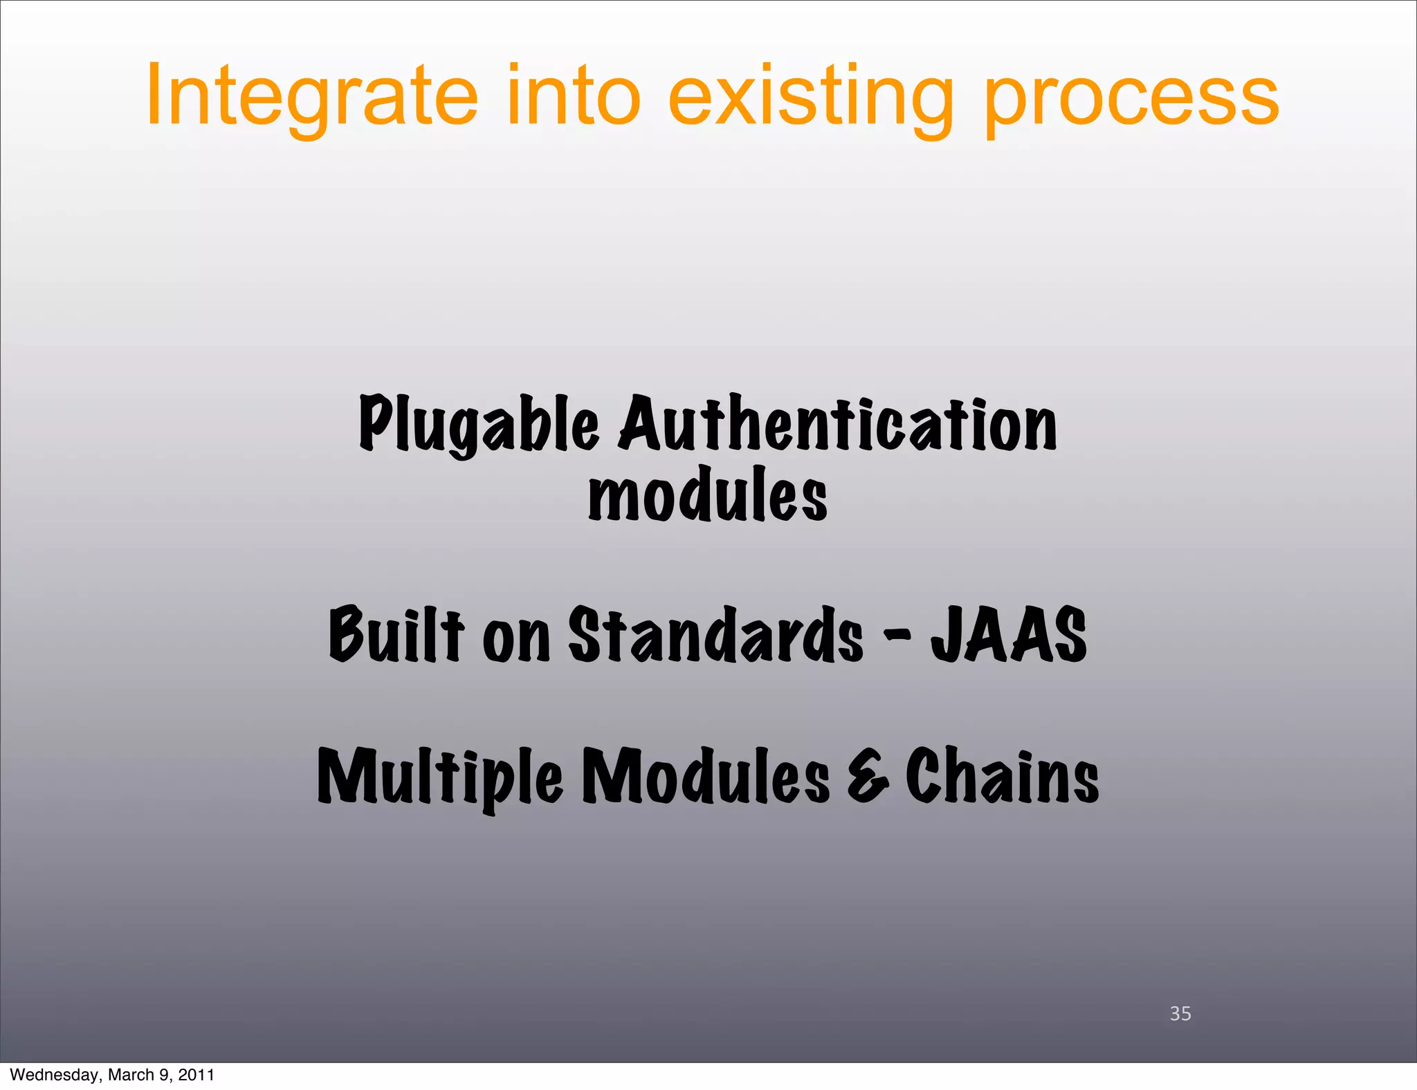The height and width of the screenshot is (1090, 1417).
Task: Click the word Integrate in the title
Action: point(311,97)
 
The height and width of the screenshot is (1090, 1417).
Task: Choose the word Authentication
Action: point(838,423)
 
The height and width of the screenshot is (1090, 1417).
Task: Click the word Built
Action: point(396,634)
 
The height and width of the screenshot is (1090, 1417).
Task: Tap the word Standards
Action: point(715,634)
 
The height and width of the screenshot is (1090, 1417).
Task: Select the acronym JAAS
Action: point(1008,634)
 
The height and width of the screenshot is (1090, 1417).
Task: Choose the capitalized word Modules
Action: point(706,776)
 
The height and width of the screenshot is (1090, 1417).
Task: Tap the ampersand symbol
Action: point(868,777)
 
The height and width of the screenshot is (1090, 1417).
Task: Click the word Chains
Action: point(1002,776)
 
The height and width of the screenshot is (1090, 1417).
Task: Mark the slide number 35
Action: point(1180,1013)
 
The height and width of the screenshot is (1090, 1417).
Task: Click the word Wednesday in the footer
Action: point(55,1075)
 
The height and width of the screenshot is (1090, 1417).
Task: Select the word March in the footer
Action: point(131,1075)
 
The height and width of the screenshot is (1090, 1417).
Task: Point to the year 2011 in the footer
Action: point(196,1075)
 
